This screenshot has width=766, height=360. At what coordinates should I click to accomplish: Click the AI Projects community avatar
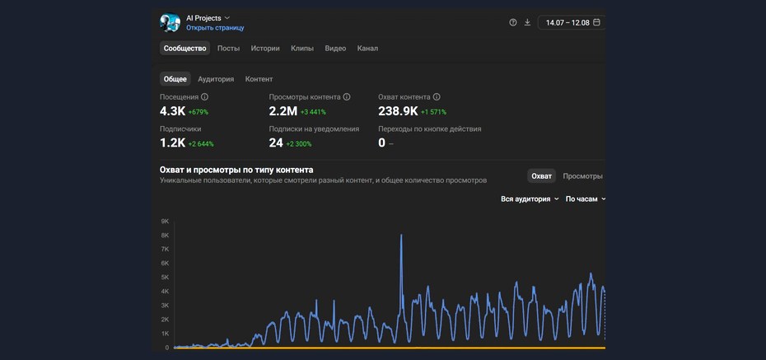point(170,22)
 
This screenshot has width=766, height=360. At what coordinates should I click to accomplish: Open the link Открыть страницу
point(215,28)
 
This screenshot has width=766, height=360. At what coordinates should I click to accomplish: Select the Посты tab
point(229,49)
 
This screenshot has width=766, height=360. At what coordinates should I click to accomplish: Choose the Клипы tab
point(302,49)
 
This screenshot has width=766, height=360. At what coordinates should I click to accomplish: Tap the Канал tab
point(367,49)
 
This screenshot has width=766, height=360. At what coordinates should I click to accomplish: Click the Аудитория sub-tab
point(216,79)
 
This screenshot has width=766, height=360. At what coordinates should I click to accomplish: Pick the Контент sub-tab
point(259,79)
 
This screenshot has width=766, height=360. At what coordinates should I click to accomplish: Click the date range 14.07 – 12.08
point(567,22)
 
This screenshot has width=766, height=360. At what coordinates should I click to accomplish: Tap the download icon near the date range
point(527,22)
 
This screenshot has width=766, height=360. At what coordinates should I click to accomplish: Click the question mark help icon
point(513,22)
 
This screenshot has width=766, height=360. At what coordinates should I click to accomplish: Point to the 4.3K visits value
point(172,111)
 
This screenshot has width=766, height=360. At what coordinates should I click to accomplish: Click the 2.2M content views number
point(283,111)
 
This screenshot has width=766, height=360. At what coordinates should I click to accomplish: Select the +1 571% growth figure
point(433,112)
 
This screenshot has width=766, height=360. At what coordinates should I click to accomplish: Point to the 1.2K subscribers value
point(172,143)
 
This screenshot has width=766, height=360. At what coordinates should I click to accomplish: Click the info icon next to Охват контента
point(437,97)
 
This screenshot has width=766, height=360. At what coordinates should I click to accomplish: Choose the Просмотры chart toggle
point(582,176)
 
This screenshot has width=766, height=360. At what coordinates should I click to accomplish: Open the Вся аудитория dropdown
point(530,199)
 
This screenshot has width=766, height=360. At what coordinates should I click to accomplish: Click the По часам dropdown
point(586,199)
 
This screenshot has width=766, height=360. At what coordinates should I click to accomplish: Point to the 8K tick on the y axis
point(165,236)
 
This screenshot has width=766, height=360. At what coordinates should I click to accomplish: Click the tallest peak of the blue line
point(402,236)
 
